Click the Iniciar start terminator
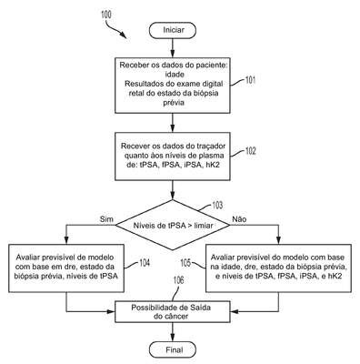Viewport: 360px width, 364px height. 173,30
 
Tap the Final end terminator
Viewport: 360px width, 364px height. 173,349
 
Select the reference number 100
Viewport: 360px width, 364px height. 106,15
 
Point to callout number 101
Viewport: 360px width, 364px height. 250,80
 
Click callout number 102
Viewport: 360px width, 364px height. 250,151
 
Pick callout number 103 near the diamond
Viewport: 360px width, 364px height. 217,206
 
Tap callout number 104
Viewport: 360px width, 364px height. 145,263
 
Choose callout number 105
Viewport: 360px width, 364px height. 186,263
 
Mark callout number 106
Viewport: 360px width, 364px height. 178,280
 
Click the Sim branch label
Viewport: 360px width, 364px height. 106,219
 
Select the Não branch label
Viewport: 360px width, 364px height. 239,219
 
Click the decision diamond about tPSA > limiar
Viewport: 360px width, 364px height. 173,225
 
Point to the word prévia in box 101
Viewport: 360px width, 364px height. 174,103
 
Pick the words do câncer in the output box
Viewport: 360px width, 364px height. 171,317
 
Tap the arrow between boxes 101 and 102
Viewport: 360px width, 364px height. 173,123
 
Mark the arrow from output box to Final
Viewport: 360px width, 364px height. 173,332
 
